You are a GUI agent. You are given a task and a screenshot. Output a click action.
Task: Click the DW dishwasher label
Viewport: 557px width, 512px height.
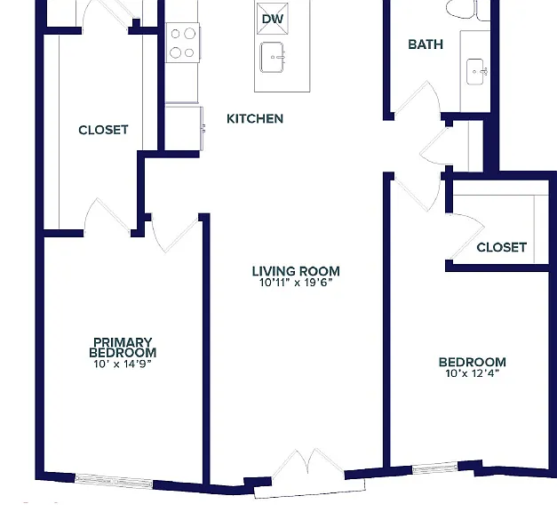tap(273, 19)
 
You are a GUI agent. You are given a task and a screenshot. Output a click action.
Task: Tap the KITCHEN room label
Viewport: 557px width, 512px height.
tap(255, 118)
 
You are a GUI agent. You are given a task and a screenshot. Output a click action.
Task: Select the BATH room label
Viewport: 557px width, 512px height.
tap(426, 44)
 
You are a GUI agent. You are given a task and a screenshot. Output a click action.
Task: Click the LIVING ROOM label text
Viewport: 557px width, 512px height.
tap(296, 271)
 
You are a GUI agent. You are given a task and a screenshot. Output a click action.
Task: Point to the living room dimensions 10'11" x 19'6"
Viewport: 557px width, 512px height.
tap(296, 283)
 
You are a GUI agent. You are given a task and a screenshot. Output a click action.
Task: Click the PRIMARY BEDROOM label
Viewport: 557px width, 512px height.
tap(123, 348)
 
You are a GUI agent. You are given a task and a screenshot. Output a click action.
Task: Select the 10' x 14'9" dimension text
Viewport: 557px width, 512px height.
tap(123, 364)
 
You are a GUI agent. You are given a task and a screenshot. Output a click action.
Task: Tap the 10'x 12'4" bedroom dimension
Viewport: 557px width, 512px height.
tap(473, 373)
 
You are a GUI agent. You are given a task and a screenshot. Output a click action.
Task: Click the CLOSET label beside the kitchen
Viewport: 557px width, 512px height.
tap(103, 130)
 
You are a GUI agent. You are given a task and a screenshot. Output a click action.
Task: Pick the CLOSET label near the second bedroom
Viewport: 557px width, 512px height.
tap(502, 247)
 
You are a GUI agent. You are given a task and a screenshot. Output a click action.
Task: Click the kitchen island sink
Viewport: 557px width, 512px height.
tap(273, 57)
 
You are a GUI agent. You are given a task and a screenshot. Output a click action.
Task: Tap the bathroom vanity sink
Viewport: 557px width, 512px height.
tap(475, 72)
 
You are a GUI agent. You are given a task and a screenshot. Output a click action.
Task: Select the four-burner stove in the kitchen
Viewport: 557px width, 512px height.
tap(183, 43)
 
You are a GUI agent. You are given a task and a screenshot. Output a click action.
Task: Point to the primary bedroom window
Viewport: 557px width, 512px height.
tap(114, 482)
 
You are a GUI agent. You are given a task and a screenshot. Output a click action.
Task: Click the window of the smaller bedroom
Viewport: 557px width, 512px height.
tap(435, 468)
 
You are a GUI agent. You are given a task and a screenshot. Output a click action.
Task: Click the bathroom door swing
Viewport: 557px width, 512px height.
tap(418, 98)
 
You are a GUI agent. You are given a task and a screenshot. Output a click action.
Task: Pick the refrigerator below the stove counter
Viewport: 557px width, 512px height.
tap(183, 127)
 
